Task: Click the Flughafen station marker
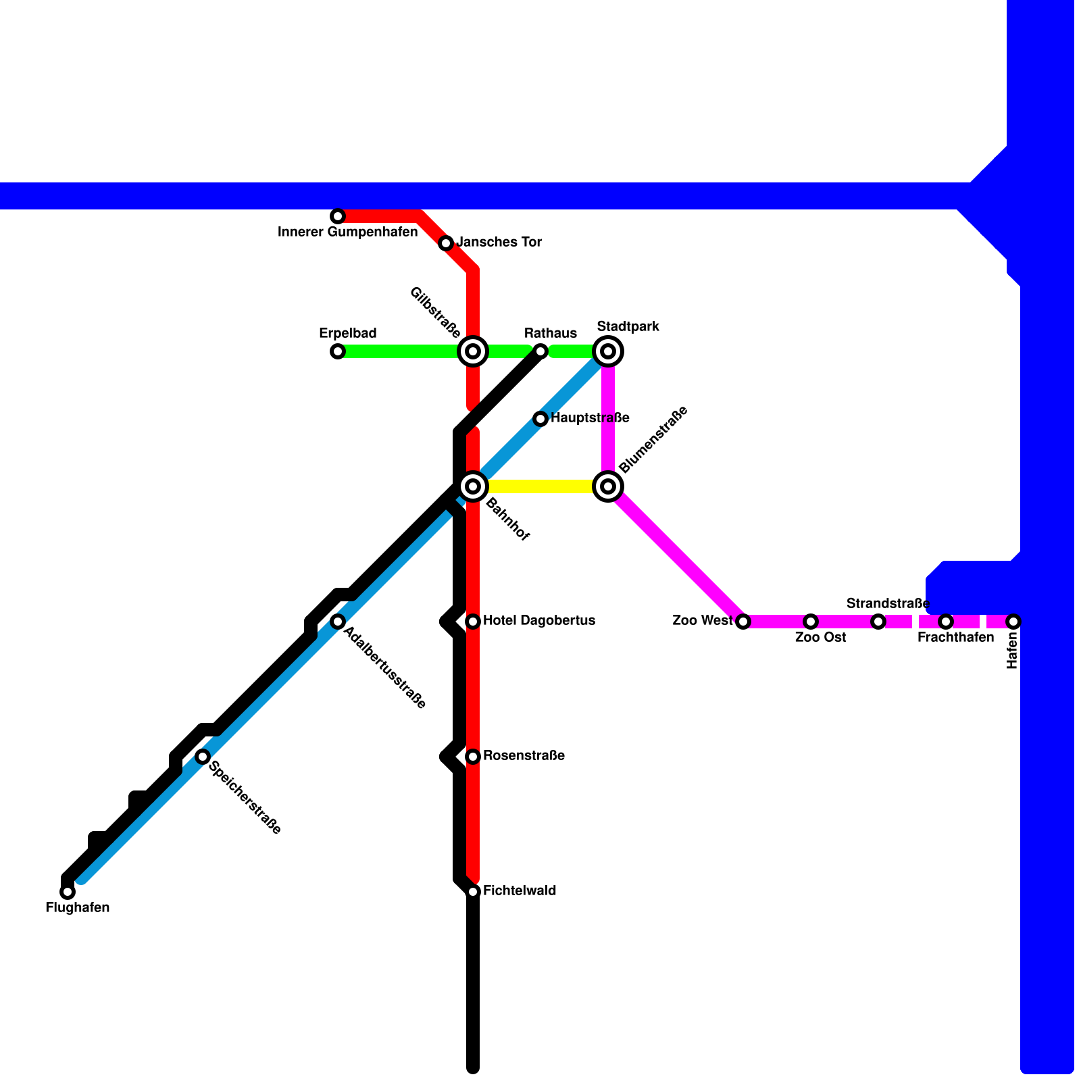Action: (x=68, y=892)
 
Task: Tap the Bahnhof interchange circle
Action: (x=473, y=486)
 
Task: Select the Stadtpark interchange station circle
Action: (x=608, y=351)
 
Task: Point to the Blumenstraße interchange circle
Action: (x=608, y=486)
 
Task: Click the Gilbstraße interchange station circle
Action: (x=473, y=351)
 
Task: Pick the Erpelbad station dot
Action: (x=338, y=351)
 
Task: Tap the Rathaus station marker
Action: (x=540, y=351)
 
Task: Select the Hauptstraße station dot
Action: (x=540, y=419)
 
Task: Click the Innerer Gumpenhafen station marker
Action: (x=338, y=216)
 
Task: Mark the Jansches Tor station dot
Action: (x=446, y=243)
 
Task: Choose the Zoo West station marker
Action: (x=743, y=622)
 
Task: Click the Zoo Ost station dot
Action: (x=811, y=622)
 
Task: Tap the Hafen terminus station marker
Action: (x=1013, y=622)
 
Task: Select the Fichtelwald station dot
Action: (x=473, y=892)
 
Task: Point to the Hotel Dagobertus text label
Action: (x=539, y=620)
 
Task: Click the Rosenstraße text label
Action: (x=524, y=755)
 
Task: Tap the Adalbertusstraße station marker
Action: (x=338, y=622)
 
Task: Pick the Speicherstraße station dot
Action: (x=203, y=757)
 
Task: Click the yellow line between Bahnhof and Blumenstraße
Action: (x=540, y=486)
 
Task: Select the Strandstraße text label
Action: (x=888, y=603)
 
